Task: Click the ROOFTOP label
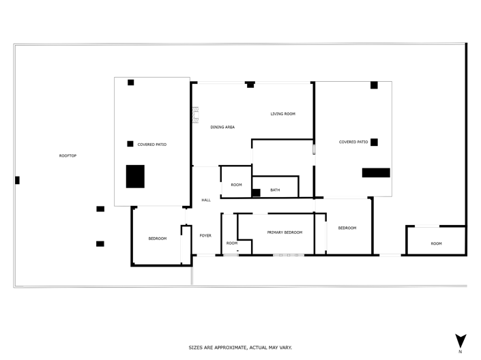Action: point(68,156)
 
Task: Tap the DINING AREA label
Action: point(222,127)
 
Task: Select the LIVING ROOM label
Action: point(282,114)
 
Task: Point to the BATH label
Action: point(275,190)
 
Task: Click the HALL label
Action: point(206,200)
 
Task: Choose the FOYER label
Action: point(205,236)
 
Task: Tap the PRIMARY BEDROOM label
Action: point(285,232)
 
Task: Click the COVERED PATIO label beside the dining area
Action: point(151,145)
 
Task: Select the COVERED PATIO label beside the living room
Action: point(353,142)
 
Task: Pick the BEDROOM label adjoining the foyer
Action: point(158,239)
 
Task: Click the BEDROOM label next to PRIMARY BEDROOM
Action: point(347,228)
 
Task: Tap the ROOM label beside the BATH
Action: point(236,185)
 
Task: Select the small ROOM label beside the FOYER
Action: point(232,243)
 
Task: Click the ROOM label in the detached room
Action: point(436,243)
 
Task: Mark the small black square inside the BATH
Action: point(256,193)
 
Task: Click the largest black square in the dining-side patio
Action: point(135,177)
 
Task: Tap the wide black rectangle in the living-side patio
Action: point(376,172)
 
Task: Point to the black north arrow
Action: point(461,341)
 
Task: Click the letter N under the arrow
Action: point(461,352)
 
